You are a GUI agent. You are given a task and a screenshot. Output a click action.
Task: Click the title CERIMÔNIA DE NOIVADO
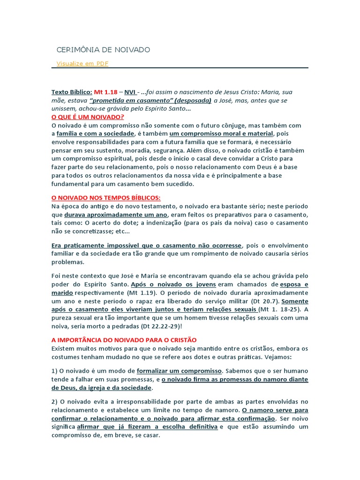103,50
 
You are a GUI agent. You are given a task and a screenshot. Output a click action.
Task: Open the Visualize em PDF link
82,63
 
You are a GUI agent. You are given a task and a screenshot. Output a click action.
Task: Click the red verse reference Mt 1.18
105,92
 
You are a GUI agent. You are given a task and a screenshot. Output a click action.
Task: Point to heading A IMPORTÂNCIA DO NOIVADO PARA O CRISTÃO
124,339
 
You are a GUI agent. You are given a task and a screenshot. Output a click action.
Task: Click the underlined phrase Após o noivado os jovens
173,285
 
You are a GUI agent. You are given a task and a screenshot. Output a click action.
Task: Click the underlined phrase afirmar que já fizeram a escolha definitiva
147,427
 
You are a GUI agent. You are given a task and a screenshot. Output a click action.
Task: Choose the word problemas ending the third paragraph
68,262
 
